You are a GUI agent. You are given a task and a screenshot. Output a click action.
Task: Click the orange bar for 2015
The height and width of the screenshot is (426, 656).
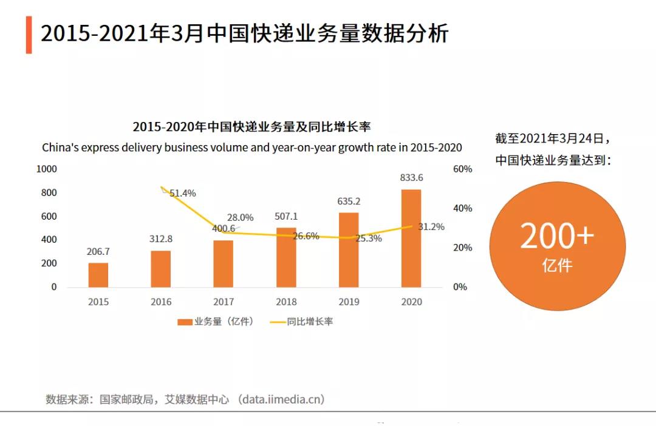click(x=98, y=275)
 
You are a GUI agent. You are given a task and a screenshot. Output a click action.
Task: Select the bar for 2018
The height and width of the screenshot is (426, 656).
click(x=286, y=257)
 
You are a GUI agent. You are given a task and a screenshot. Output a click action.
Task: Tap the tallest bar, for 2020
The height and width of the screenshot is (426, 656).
click(x=411, y=238)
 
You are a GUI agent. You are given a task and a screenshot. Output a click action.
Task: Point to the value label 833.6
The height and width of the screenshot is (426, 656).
click(x=411, y=178)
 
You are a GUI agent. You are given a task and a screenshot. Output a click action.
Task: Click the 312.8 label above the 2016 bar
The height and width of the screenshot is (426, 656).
click(x=161, y=239)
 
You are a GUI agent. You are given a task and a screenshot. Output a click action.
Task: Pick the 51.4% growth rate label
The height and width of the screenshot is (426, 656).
click(x=182, y=194)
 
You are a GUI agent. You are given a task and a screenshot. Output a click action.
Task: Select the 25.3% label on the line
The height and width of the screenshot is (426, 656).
click(x=369, y=238)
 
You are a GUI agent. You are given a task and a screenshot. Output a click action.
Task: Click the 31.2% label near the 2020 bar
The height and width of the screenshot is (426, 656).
click(x=431, y=227)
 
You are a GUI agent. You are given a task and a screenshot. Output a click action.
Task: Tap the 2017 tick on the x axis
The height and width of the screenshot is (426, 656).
click(x=224, y=302)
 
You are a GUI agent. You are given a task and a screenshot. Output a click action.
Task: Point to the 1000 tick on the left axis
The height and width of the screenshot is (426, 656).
click(x=47, y=169)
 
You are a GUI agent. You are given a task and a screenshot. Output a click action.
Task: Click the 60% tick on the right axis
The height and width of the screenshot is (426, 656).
click(x=462, y=169)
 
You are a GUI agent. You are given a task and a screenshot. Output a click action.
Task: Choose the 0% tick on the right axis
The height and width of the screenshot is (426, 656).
click(x=460, y=286)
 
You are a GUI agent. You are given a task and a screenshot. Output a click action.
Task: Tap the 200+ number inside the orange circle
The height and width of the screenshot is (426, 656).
click(x=557, y=236)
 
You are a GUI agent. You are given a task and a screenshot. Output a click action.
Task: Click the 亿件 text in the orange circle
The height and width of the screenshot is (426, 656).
click(x=557, y=265)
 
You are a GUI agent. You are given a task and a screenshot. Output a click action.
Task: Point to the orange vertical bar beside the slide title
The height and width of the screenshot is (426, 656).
click(x=29, y=35)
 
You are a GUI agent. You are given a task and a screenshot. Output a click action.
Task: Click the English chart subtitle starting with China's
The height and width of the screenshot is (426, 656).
click(x=251, y=147)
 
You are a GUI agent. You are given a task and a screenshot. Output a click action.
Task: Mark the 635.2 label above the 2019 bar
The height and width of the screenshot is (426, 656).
click(x=349, y=201)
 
